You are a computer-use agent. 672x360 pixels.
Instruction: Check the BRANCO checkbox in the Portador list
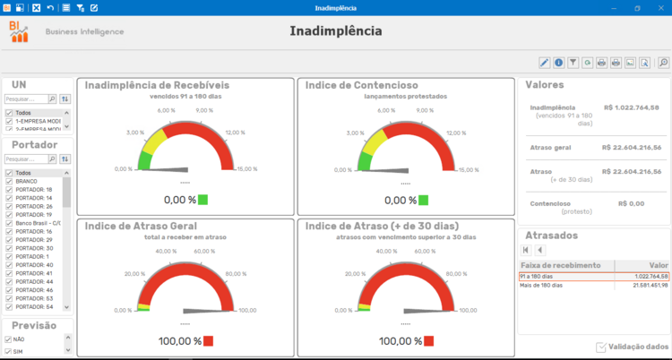click(9, 181)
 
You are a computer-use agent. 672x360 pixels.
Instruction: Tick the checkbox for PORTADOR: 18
click(9, 190)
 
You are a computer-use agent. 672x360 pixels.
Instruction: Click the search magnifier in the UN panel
click(52, 99)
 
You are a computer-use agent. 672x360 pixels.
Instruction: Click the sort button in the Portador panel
click(65, 159)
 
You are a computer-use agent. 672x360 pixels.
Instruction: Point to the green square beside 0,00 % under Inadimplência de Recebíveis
click(202, 200)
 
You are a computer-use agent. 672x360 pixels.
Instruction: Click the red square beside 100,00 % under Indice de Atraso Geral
click(208, 341)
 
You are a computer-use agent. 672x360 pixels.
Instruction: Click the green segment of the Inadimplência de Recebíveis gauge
click(145, 160)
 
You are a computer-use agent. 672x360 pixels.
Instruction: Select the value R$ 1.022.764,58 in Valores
click(632, 107)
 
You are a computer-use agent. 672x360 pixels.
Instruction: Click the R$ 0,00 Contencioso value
click(632, 203)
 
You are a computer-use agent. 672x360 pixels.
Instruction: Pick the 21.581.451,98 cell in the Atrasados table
click(642, 286)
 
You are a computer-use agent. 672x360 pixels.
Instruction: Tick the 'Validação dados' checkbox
click(600, 347)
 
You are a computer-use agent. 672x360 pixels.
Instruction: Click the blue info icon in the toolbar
click(558, 63)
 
